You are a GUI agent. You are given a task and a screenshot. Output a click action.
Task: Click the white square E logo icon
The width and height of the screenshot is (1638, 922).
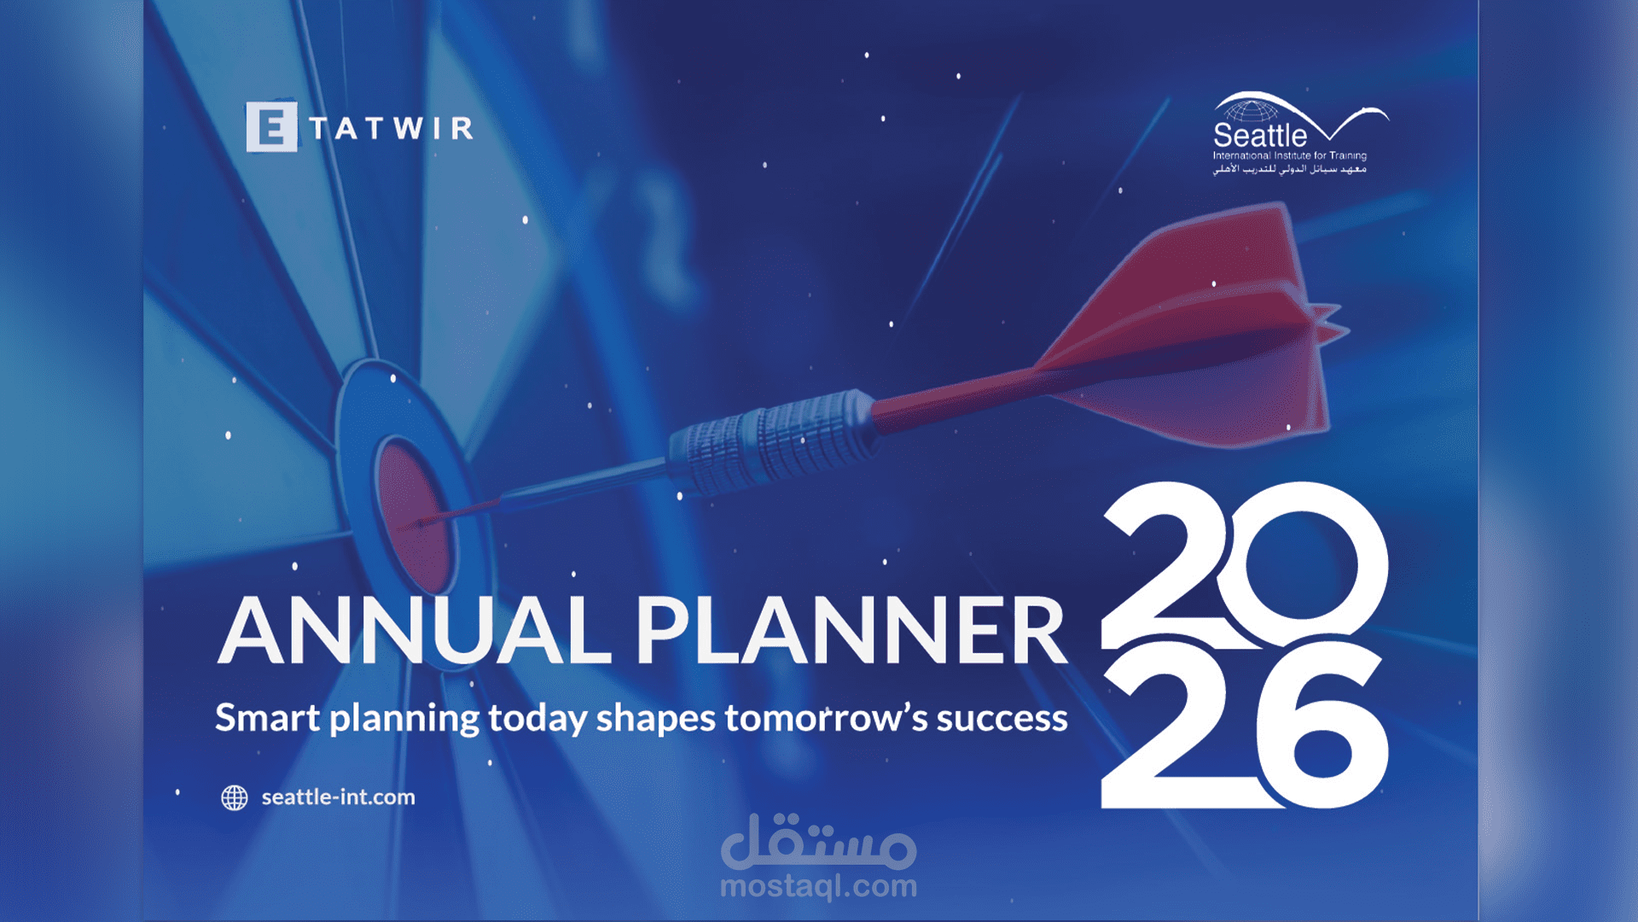[271, 126]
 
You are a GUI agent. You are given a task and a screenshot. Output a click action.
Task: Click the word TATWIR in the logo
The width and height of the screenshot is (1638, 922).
[392, 128]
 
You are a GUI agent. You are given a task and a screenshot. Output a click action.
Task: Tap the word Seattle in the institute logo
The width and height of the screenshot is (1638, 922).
[1260, 135]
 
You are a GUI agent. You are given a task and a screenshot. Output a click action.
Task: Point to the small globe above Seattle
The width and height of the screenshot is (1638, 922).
[1252, 111]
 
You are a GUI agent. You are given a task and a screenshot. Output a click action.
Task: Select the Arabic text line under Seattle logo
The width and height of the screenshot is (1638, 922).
[1290, 169]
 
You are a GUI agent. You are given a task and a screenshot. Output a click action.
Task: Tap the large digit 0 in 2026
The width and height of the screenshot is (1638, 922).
[1302, 564]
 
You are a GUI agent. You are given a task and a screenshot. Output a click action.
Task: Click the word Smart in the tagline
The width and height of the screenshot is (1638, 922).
[268, 717]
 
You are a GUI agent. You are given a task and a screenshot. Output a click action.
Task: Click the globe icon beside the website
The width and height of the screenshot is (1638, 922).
[235, 797]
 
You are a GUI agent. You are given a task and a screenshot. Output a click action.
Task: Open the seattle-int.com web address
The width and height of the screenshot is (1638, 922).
[338, 797]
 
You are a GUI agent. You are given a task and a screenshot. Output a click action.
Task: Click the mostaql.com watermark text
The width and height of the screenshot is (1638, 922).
[819, 886]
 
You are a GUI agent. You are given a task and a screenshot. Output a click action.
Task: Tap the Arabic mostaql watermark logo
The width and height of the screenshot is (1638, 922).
[819, 841]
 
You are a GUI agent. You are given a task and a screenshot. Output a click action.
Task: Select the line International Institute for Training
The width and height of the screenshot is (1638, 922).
[1290, 155]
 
